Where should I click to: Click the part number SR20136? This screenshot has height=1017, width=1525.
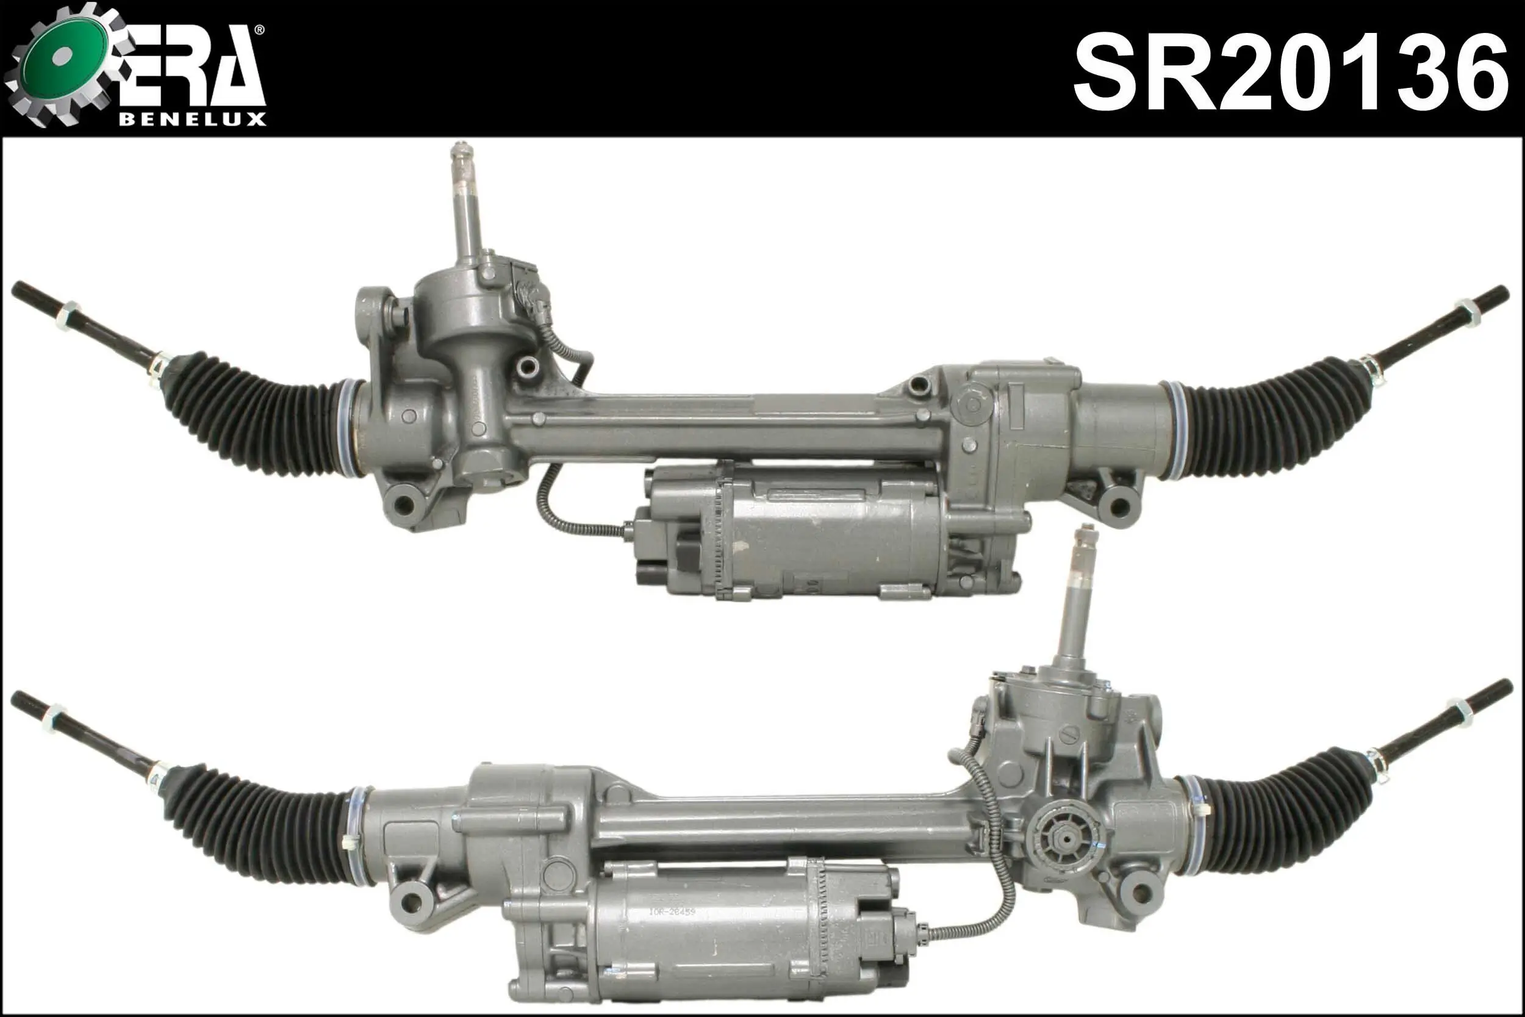click(x=1290, y=73)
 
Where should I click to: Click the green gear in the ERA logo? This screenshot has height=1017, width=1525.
click(x=62, y=63)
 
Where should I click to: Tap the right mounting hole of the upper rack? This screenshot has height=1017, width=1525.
click(x=1120, y=505)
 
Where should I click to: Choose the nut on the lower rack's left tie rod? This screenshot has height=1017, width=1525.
click(x=53, y=719)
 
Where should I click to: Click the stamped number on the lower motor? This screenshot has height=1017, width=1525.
click(x=672, y=912)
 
